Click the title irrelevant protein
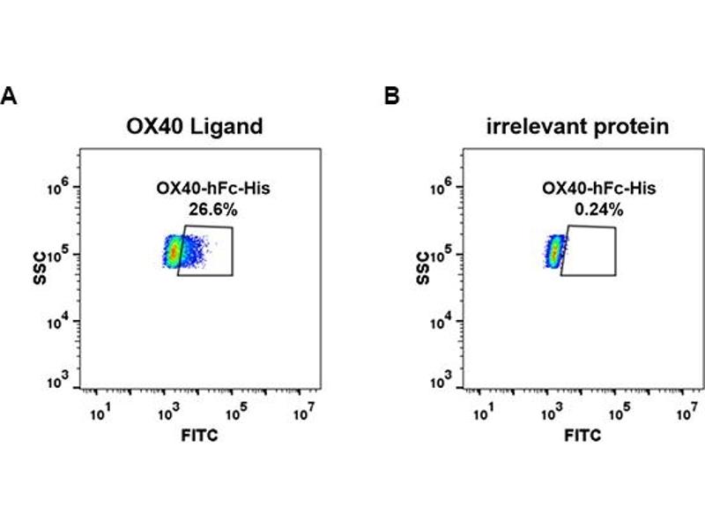point(578,126)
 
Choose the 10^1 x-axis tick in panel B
point(484,410)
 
